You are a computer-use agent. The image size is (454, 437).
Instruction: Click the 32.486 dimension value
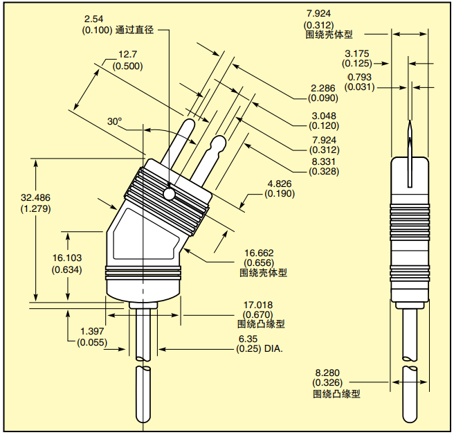pyautogui.click(x=36, y=198)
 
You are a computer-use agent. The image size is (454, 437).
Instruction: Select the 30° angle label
pyautogui.click(x=114, y=121)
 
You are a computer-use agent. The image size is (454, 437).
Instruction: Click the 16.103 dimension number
pyautogui.click(x=68, y=258)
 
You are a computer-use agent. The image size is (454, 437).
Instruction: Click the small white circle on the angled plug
pyautogui.click(x=169, y=193)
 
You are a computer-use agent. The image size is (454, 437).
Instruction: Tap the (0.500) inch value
pyautogui.click(x=127, y=66)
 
